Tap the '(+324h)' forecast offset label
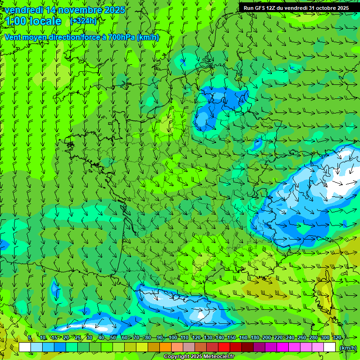(84, 21)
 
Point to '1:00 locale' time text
(34, 21)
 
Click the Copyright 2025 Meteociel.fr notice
(199, 357)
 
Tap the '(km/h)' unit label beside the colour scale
(347, 348)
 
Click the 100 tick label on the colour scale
(172, 338)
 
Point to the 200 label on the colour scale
(266, 338)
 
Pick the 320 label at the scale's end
(337, 338)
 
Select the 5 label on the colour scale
(30, 338)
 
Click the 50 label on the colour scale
(113, 338)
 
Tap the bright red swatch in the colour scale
(224, 347)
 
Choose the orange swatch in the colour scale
(165, 347)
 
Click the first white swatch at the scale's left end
(25, 347)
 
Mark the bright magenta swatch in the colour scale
(283, 347)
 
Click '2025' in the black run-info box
(341, 8)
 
